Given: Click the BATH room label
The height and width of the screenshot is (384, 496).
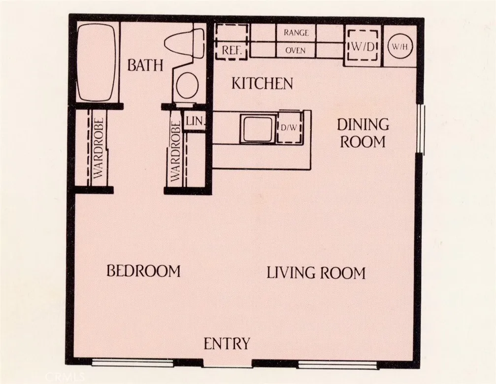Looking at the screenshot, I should click(145, 65).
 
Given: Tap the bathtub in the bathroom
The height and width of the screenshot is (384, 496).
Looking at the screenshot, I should click(97, 62).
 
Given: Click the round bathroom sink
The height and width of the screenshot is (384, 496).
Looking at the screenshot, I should click(187, 86).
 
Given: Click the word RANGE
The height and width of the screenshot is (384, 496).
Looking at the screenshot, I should click(296, 33).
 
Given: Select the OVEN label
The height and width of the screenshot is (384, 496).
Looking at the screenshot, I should click(296, 50).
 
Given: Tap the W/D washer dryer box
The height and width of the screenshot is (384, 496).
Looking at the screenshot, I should click(362, 46).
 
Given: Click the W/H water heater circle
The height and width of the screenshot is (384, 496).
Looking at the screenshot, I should click(399, 47).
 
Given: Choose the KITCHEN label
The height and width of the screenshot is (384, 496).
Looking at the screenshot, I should click(262, 84).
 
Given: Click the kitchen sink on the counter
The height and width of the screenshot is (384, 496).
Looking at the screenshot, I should click(257, 129).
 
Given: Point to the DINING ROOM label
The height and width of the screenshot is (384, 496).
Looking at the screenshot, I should click(363, 133).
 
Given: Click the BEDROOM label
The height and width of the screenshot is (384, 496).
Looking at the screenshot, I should click(143, 271).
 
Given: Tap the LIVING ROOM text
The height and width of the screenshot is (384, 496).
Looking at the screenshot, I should click(316, 273).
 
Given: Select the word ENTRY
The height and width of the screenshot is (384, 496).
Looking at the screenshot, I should click(227, 344).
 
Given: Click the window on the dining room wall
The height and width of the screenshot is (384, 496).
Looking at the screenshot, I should click(420, 129).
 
